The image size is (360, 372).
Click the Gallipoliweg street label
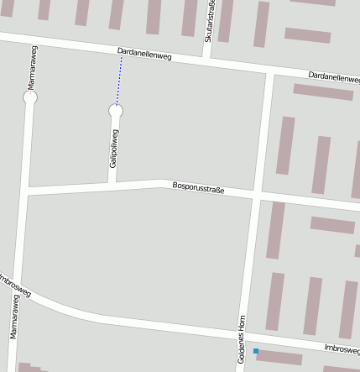point(113,148)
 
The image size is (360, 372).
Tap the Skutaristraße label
point(208,22)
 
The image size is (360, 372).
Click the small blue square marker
point(256,351)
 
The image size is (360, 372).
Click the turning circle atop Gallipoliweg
point(116,110)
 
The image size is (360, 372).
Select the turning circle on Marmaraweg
point(30,97)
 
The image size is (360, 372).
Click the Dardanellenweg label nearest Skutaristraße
point(144,56)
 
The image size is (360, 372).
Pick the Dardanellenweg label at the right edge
point(333,76)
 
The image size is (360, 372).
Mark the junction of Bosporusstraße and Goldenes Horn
point(256,196)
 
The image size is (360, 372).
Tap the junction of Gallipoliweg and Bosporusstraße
point(112,186)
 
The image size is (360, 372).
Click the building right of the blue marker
point(279,358)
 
